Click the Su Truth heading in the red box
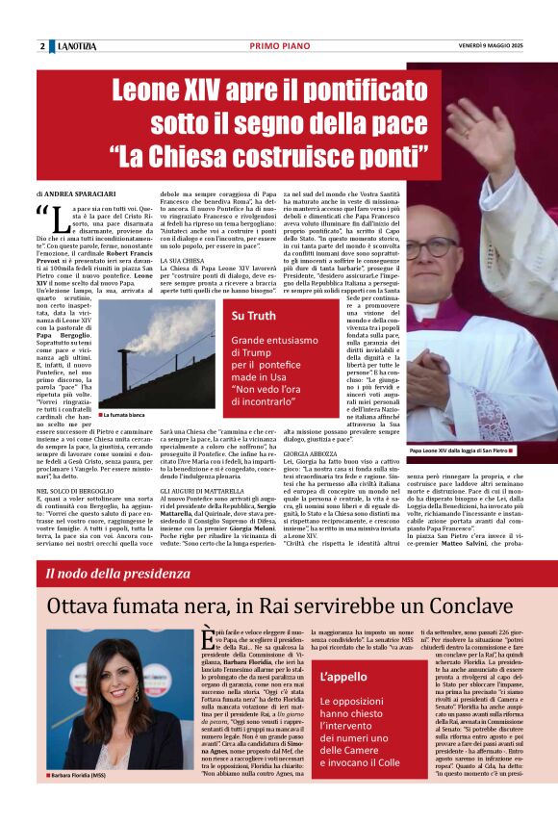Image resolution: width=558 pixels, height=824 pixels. [x=253, y=316]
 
